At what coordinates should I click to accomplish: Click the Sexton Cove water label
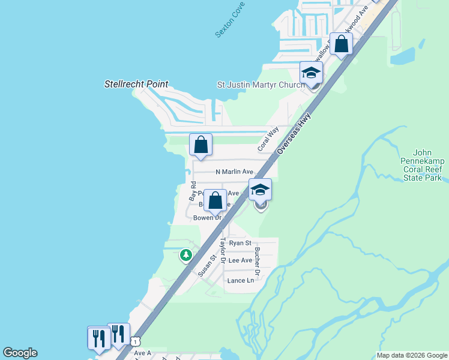[x=228, y=24]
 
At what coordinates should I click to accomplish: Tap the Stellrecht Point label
[x=136, y=85]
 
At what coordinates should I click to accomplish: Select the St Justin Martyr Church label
[x=261, y=85]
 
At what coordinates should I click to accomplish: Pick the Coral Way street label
[x=268, y=139]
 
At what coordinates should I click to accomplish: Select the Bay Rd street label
[x=193, y=190]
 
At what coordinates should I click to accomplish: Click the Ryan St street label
[x=240, y=242]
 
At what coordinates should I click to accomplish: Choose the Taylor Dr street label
[x=222, y=251]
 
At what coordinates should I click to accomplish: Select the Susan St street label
[x=206, y=265]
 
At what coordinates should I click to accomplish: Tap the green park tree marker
[x=187, y=256]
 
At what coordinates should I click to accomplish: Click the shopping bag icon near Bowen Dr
[x=215, y=200]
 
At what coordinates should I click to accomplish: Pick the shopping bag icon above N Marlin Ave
[x=200, y=145]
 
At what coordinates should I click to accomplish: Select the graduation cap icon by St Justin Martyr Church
[x=311, y=73]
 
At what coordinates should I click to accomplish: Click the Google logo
[x=20, y=353]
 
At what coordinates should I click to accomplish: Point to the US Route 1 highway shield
[x=136, y=341]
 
